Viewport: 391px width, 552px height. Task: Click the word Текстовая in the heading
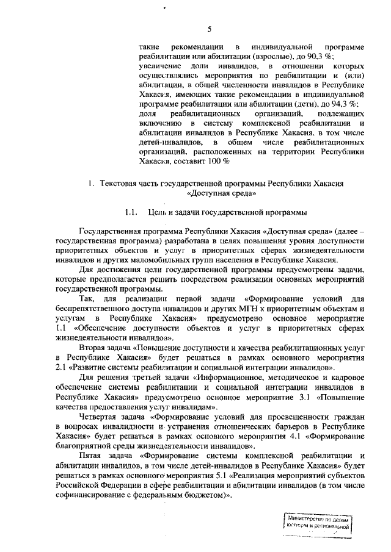[119, 184]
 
